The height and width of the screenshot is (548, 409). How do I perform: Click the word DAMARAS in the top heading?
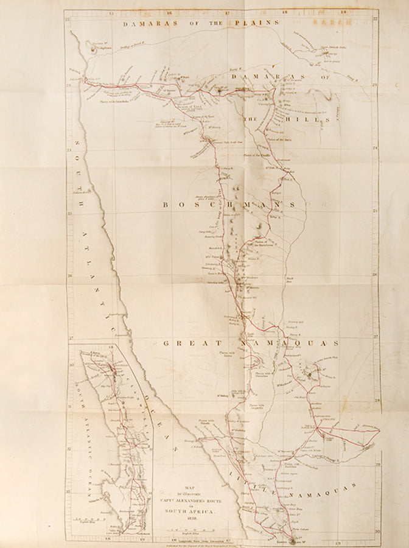141,24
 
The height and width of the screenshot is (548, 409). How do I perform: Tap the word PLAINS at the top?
256,24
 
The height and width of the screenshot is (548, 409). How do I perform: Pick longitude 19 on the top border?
343,11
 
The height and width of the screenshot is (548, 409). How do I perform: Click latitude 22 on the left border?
69,21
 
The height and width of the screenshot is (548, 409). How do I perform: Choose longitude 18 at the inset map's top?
110,347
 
